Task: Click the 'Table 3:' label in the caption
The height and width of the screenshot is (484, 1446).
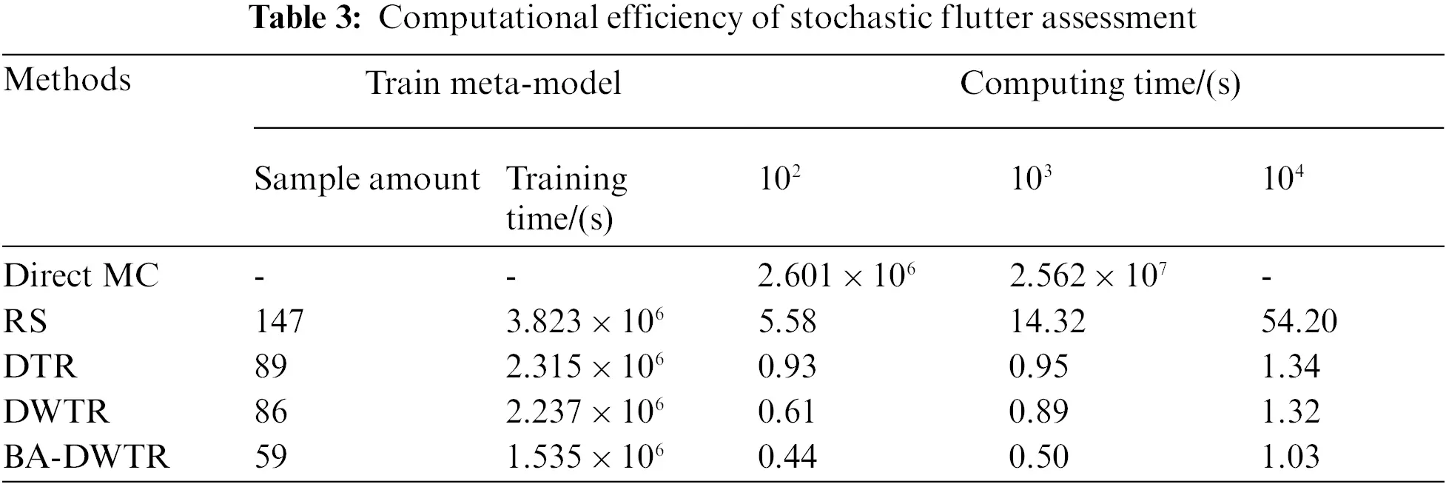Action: click(x=305, y=16)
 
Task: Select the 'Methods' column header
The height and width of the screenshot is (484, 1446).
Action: click(x=67, y=80)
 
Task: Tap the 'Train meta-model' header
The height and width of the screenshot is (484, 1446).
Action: click(x=494, y=84)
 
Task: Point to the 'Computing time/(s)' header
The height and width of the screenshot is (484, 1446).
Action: click(x=1100, y=84)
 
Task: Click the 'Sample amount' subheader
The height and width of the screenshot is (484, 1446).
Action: click(x=367, y=180)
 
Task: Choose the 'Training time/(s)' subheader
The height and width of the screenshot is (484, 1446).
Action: click(x=566, y=198)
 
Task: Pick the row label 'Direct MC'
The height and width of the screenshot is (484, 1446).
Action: click(x=81, y=276)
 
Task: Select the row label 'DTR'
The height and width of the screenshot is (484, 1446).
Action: click(x=41, y=366)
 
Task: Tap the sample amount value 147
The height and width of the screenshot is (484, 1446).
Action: click(x=279, y=321)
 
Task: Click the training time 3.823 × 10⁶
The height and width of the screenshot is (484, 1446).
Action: click(x=585, y=321)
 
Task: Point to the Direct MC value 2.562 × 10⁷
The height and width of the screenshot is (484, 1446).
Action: click(x=1088, y=276)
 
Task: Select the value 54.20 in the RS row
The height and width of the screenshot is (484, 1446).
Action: click(x=1299, y=321)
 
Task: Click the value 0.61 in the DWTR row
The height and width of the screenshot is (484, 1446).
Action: click(x=786, y=411)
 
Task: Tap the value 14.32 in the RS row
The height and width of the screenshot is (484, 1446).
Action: click(x=1048, y=321)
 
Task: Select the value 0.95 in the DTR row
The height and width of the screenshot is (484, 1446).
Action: click(x=1039, y=366)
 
